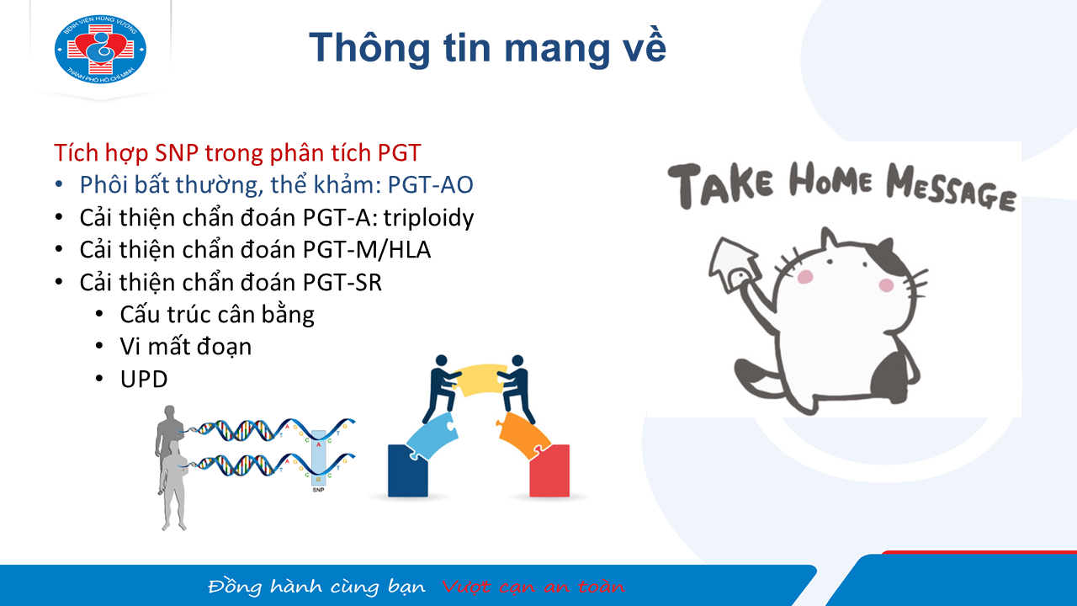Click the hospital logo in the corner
(100, 50)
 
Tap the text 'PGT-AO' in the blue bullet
(430, 184)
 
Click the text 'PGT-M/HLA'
(367, 250)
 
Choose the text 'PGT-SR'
(342, 282)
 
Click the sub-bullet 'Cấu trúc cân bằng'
(217, 315)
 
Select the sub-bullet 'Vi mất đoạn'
(186, 347)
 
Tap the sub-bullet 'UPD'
(144, 380)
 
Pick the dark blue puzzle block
(407, 470)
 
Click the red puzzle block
(549, 470)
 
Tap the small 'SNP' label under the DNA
(318, 490)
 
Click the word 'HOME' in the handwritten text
(830, 180)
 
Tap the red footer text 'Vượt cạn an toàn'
(533, 587)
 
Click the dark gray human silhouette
(167, 435)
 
